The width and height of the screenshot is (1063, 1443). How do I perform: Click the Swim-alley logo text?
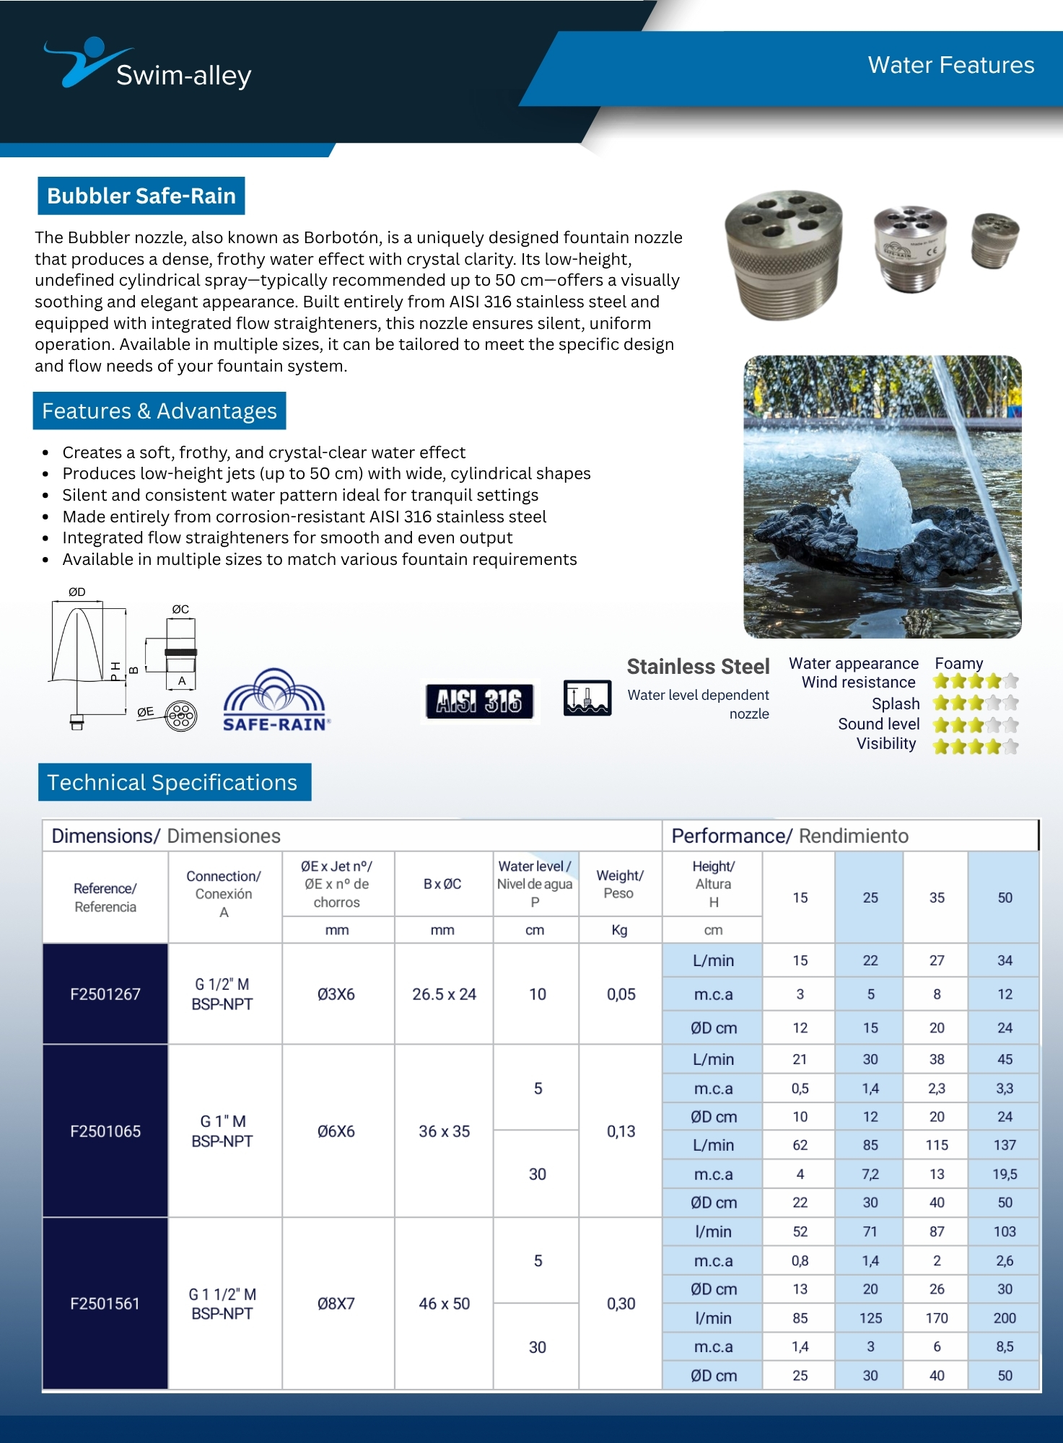[183, 75]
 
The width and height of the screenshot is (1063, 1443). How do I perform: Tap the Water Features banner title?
[950, 65]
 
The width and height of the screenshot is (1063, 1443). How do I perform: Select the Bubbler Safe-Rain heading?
[141, 196]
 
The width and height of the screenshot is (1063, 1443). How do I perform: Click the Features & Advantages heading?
[159, 411]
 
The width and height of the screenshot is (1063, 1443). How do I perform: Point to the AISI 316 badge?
[479, 701]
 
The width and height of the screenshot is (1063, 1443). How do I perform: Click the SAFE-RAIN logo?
[275, 702]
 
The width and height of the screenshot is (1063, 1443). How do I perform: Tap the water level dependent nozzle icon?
[587, 698]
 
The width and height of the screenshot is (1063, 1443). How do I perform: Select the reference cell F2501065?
[105, 1131]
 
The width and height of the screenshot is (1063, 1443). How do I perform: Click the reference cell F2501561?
[105, 1304]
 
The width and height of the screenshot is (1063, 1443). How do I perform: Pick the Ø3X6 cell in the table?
[336, 994]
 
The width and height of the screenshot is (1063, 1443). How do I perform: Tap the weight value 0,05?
[621, 994]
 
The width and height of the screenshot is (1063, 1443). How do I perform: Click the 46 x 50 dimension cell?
[444, 1304]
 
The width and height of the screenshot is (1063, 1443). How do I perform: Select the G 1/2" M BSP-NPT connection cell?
[222, 994]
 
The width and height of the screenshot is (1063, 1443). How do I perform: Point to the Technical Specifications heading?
[172, 782]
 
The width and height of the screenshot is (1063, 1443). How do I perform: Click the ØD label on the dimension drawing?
[76, 592]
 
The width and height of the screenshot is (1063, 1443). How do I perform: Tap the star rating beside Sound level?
[975, 724]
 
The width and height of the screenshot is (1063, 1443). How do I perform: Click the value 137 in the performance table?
[1004, 1145]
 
